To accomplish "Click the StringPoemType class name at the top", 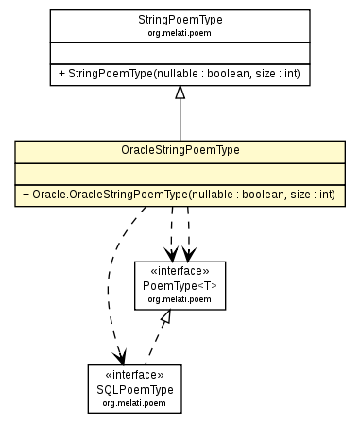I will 180,18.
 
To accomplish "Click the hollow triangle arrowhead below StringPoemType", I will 180,92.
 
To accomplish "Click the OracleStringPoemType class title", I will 180,150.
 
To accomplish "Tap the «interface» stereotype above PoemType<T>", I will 180,270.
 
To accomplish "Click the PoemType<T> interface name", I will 180,284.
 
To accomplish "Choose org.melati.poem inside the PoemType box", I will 180,298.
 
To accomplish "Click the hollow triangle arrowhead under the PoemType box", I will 165,318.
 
